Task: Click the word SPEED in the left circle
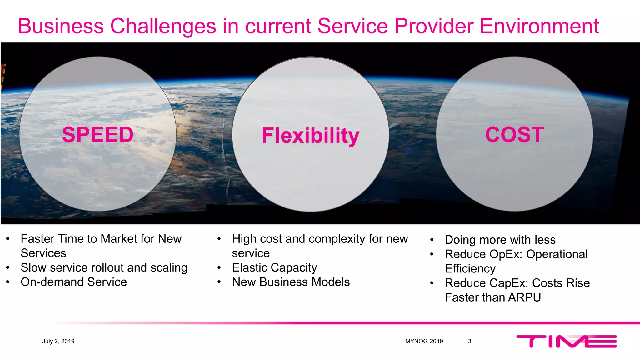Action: point(98,135)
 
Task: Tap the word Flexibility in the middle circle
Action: point(311,135)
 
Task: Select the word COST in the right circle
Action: point(514,135)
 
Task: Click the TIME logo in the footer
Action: point(566,341)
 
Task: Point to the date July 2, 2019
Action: point(58,341)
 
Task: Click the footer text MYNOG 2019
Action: point(424,341)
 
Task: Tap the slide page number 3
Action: point(469,341)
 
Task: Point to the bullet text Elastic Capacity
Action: point(274,268)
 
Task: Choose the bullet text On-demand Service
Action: point(74,282)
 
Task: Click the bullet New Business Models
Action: point(291,282)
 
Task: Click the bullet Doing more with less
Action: point(500,240)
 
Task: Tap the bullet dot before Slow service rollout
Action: point(8,268)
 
